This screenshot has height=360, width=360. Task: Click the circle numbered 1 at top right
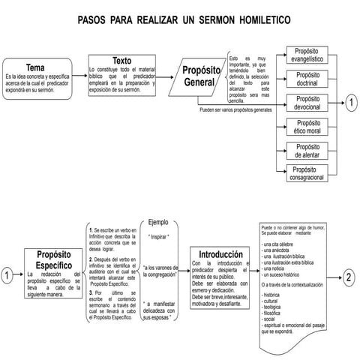tap(350, 103)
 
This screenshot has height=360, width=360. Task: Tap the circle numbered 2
tap(348, 277)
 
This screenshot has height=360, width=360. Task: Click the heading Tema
tap(35, 67)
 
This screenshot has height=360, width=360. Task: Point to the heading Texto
tap(121, 60)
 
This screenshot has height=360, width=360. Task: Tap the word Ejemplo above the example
tap(158, 223)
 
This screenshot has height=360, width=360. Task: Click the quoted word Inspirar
tap(159, 236)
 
